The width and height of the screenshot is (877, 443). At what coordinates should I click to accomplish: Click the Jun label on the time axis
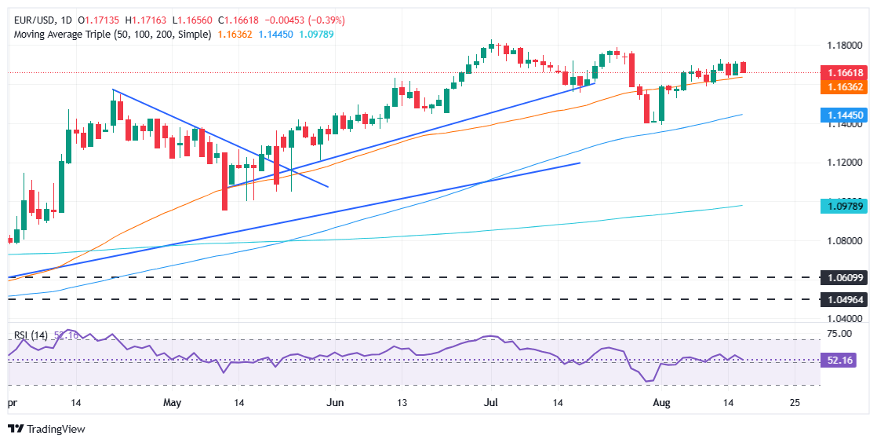pyautogui.click(x=335, y=402)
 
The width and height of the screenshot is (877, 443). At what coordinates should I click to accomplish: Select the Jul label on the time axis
pyautogui.click(x=492, y=402)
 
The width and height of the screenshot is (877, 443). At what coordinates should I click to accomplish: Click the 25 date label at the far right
pyautogui.click(x=795, y=402)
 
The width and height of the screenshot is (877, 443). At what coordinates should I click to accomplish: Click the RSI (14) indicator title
pyautogui.click(x=31, y=335)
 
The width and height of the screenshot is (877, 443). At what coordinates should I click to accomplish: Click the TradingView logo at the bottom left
pyautogui.click(x=46, y=429)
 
